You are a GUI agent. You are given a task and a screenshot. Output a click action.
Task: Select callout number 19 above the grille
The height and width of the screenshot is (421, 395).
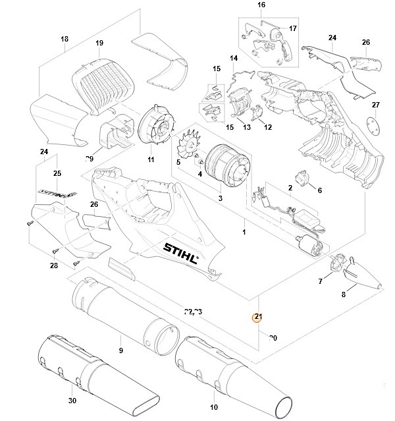point(99,43)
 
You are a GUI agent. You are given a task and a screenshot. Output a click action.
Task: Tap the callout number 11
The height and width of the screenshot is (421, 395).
point(150,159)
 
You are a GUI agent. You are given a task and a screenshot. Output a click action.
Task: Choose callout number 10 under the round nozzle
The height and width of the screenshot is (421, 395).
point(213,407)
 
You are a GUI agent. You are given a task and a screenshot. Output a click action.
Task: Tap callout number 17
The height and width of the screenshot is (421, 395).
point(293,28)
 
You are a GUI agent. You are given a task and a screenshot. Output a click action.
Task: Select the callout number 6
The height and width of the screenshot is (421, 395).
point(320,191)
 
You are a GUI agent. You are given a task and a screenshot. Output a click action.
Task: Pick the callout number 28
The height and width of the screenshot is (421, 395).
point(53,266)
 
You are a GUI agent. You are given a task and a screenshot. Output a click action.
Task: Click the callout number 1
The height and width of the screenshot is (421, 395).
point(244,233)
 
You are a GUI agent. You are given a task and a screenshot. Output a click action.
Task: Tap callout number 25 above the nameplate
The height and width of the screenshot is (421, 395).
point(57,173)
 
